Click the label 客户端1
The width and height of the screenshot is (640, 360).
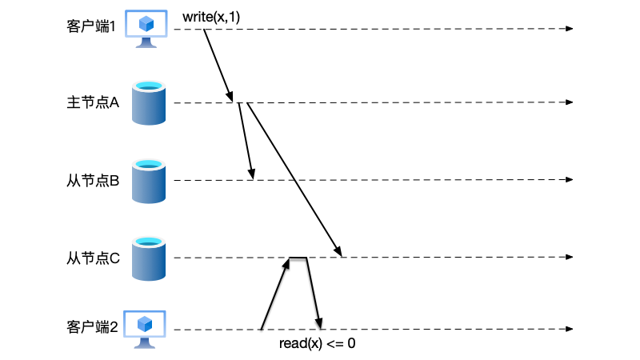(x=91, y=26)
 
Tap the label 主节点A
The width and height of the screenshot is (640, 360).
(x=92, y=102)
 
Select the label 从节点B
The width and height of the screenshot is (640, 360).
(x=92, y=181)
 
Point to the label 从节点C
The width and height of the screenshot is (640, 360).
(x=92, y=258)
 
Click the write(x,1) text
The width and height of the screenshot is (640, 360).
(x=212, y=16)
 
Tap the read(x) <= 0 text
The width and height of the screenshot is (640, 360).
(x=317, y=344)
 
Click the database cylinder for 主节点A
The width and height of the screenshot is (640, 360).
(x=149, y=103)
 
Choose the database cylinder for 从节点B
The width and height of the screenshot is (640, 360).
(x=149, y=181)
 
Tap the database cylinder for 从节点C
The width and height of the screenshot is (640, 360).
(x=149, y=258)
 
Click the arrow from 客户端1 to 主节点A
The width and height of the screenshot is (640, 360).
(x=218, y=64)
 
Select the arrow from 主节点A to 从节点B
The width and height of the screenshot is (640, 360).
(x=246, y=142)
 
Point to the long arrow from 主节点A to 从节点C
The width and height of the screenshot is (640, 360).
(x=294, y=179)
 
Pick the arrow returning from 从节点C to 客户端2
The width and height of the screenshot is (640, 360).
(x=314, y=294)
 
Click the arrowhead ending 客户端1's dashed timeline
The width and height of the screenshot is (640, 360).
(x=570, y=29)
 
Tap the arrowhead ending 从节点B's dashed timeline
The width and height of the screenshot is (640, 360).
(x=570, y=181)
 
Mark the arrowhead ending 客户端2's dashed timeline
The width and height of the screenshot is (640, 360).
(x=570, y=330)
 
